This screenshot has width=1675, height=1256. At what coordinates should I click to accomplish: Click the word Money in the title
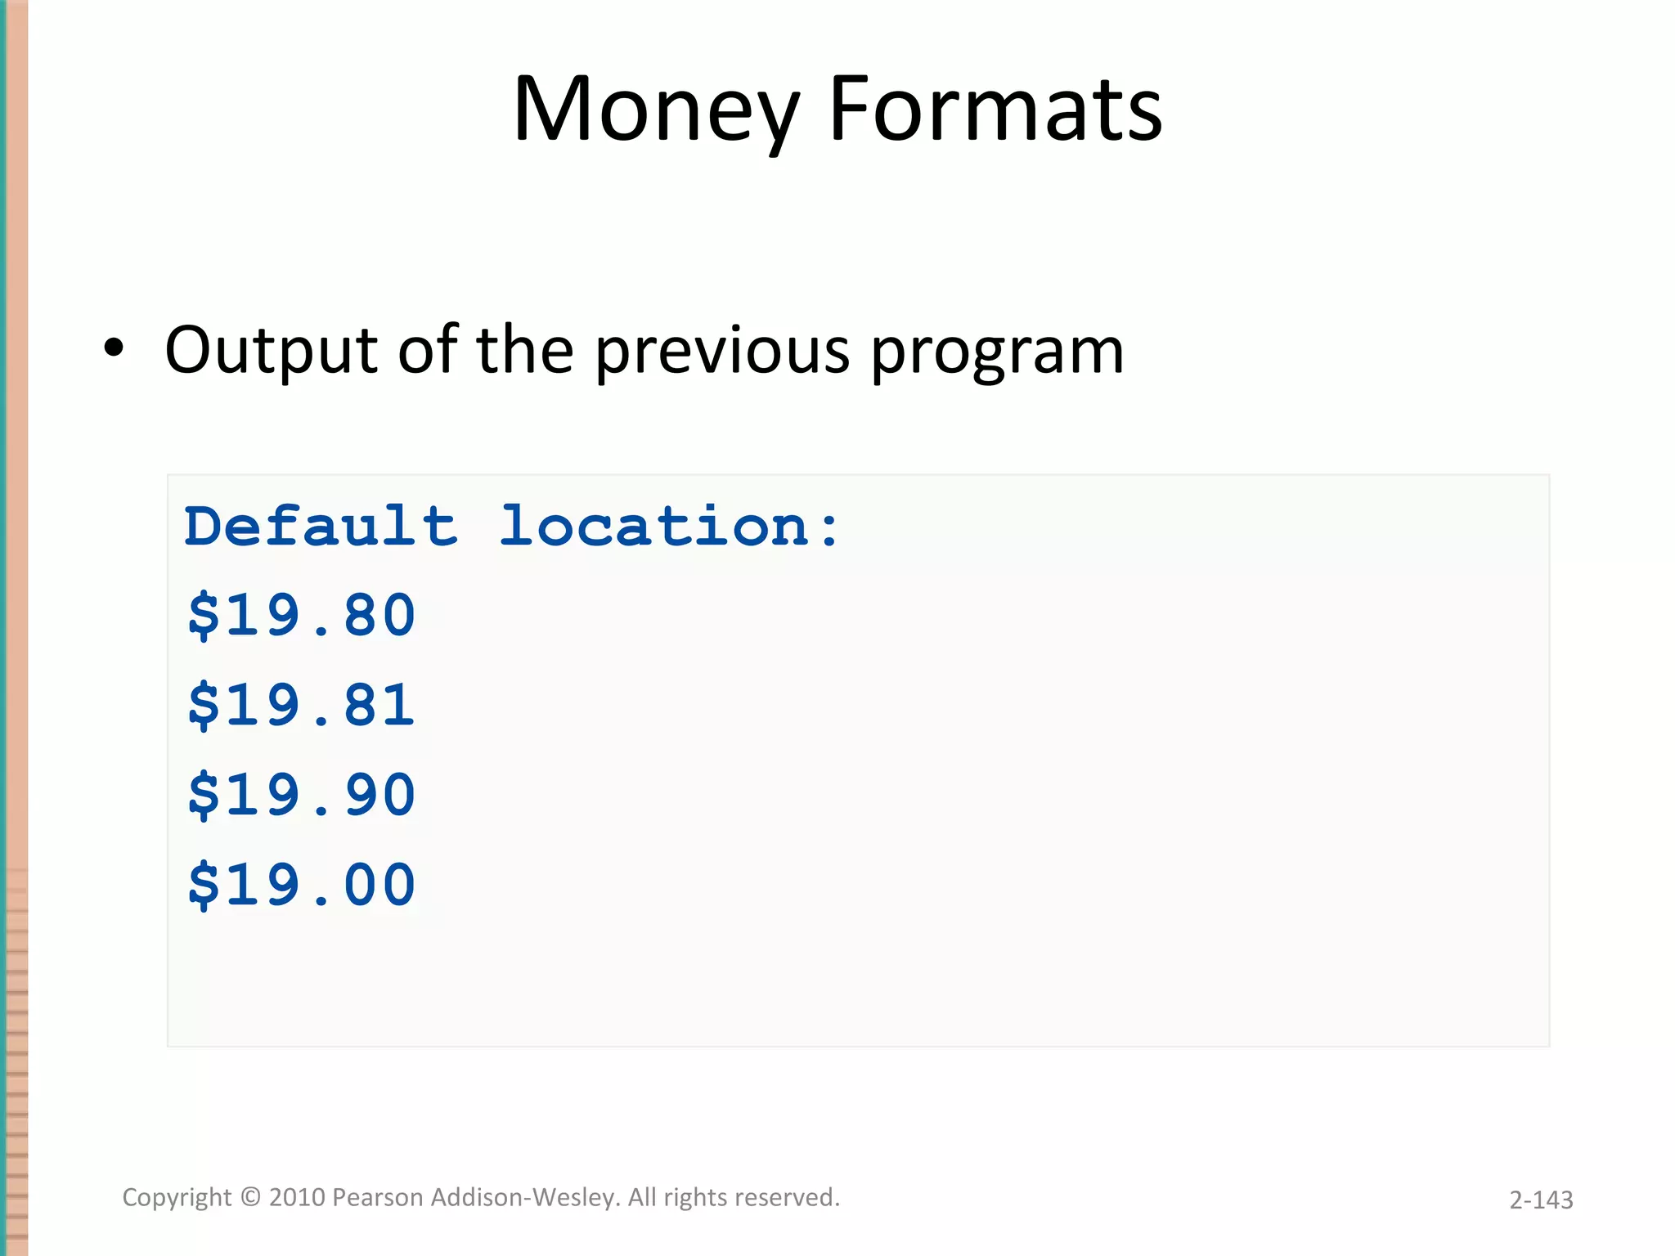[x=655, y=110]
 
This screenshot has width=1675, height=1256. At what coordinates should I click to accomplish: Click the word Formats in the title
[x=995, y=110]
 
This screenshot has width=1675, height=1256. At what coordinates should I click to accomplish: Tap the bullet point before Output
[x=114, y=348]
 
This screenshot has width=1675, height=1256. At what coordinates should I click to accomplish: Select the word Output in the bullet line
[x=271, y=350]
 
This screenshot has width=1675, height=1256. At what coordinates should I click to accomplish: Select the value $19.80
[x=302, y=616]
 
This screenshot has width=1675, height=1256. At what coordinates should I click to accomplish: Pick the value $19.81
[x=302, y=706]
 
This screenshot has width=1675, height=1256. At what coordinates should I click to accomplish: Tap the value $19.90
[x=302, y=796]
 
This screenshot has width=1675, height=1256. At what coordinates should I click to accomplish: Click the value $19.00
[x=302, y=886]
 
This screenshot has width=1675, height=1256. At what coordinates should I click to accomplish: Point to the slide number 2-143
[x=1541, y=1200]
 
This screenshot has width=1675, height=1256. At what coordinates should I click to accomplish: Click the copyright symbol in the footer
[x=250, y=1197]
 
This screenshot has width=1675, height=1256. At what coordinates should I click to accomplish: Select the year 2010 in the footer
[x=297, y=1197]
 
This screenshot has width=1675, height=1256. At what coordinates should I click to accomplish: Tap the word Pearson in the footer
[x=378, y=1197]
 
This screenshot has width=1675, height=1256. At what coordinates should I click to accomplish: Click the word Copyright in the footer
[x=177, y=1198]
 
